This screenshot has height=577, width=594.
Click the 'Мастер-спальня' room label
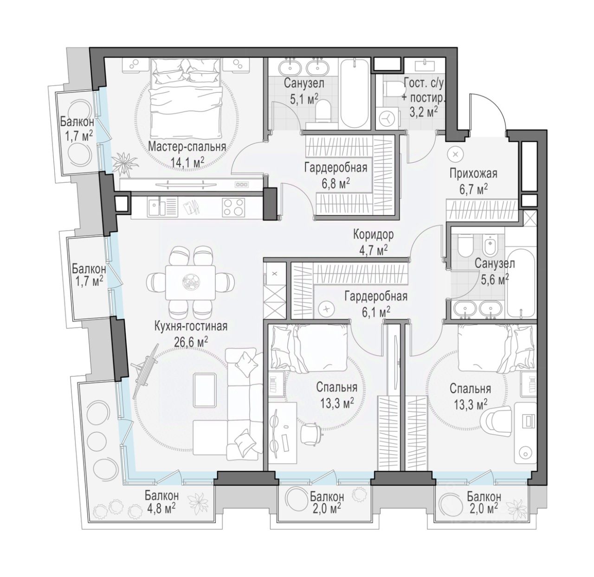coord(187,146)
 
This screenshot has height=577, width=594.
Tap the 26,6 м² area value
coord(191,341)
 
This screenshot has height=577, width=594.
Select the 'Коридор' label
coord(373,235)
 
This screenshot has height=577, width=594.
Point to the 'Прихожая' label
coord(473,173)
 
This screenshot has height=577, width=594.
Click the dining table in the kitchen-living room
coord(190,282)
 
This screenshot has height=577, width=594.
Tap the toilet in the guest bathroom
coord(394,89)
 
